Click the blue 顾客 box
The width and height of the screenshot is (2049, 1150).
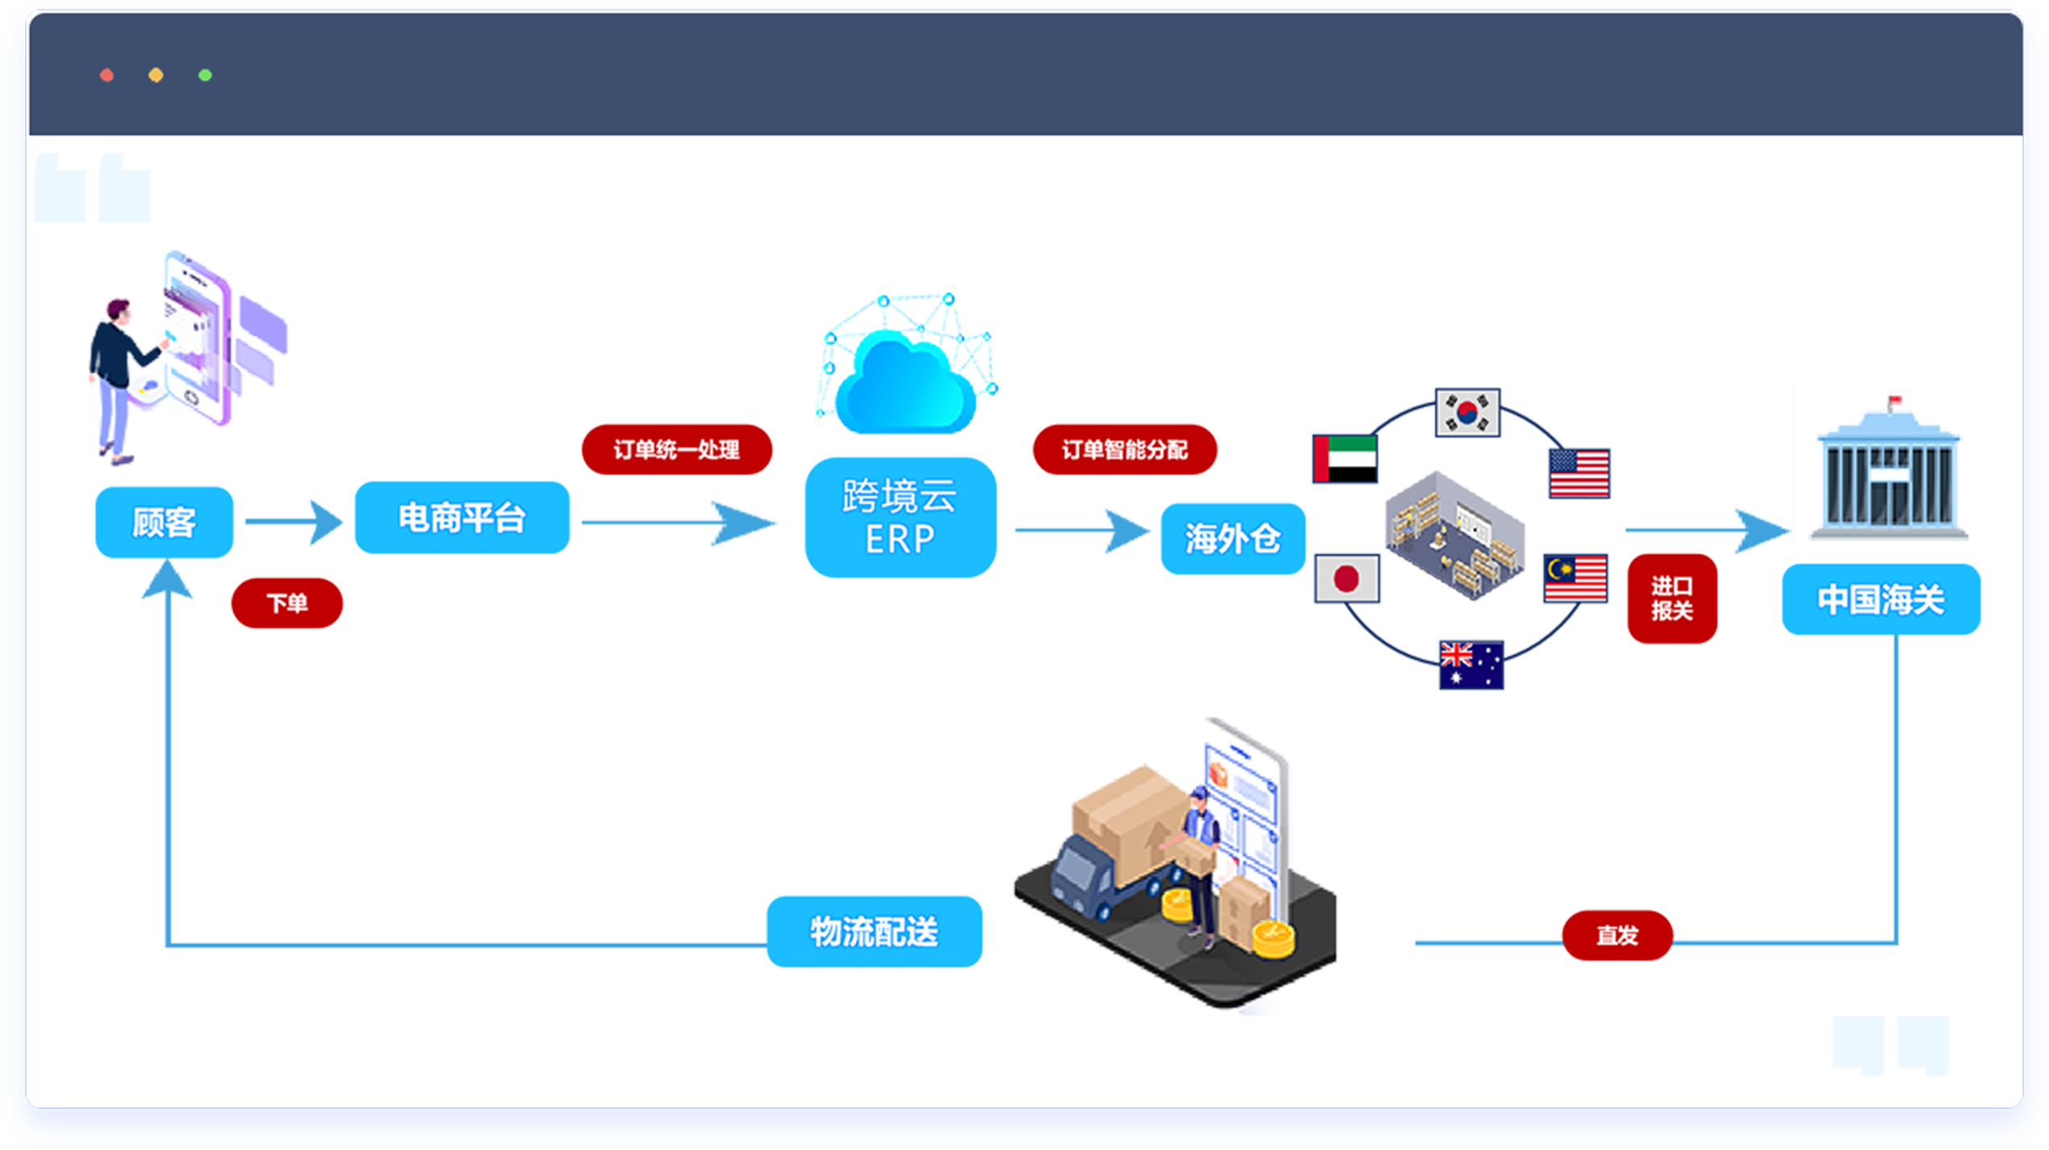(164, 523)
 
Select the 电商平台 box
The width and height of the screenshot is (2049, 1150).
(462, 518)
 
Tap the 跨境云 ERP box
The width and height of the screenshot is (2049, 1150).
(900, 518)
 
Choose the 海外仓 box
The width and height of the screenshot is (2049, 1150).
(1233, 539)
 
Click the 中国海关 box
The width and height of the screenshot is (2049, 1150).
(1881, 599)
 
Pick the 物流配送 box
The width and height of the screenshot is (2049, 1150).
(874, 931)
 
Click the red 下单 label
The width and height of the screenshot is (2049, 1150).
(287, 602)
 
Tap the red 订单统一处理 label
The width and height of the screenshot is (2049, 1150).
(676, 449)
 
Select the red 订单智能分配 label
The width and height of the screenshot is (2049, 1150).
(1125, 449)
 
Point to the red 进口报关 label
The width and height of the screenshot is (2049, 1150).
(1672, 598)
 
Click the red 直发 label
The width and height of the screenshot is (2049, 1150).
(1617, 935)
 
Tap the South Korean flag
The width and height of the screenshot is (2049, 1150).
(1467, 413)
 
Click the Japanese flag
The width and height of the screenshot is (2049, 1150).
(1347, 578)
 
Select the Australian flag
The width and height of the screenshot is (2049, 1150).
(1471, 665)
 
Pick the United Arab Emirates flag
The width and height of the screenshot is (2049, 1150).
(1345, 459)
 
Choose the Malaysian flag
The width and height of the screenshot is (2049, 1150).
(1576, 578)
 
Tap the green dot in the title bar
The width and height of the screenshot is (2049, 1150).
(205, 75)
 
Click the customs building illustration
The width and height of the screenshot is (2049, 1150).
(1889, 472)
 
